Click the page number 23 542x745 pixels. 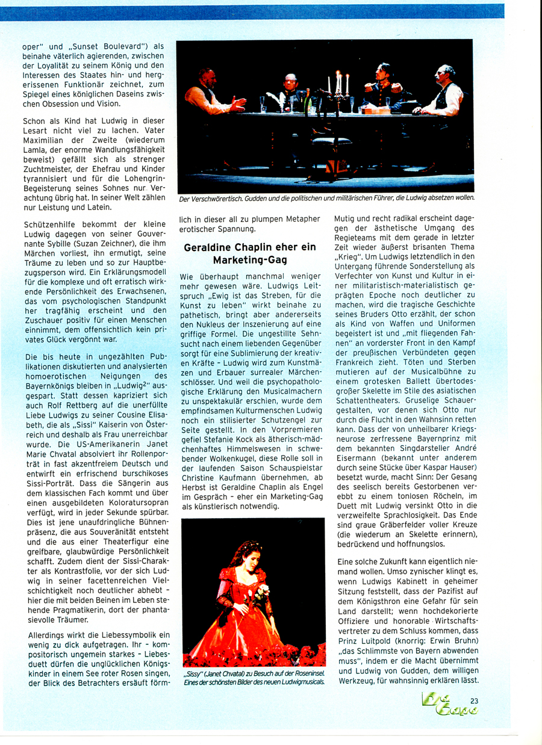[475, 700]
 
